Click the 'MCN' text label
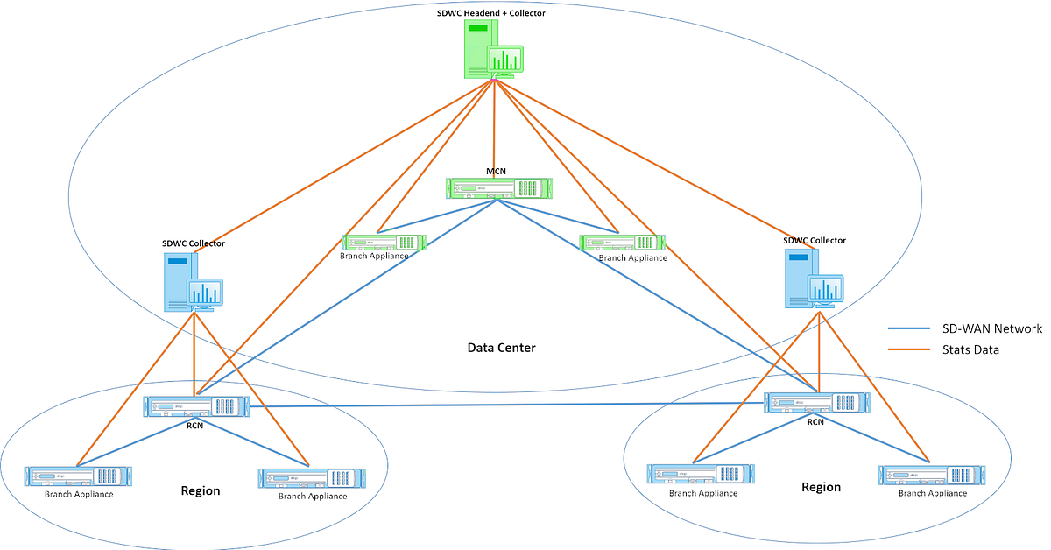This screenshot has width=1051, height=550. tap(497, 171)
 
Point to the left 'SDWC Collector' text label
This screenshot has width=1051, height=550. tap(194, 243)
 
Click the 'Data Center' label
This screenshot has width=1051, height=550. tap(501, 348)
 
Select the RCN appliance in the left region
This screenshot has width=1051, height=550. tap(198, 405)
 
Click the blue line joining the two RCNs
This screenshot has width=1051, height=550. tap(508, 405)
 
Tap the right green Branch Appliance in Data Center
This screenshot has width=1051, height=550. tap(622, 242)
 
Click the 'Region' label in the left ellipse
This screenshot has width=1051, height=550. tap(200, 490)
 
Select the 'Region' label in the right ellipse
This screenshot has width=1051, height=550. tap(821, 487)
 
